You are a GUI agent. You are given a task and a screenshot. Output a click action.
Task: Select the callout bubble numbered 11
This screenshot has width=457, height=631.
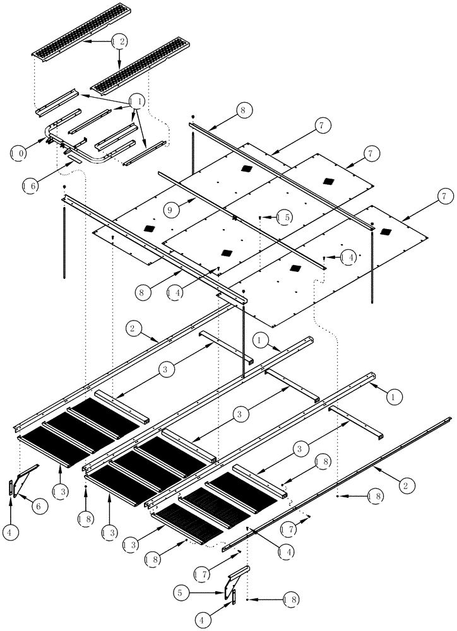(136, 101)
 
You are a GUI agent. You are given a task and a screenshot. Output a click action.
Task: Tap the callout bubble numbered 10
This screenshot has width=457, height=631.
(18, 152)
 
